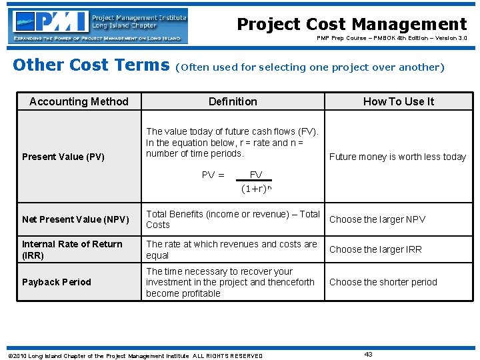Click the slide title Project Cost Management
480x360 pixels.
tap(352, 25)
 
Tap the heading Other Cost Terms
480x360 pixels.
tap(91, 65)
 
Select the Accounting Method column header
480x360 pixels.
tap(79, 101)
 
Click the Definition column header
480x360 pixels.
tap(233, 101)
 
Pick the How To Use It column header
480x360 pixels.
tap(398, 101)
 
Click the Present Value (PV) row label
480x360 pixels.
tap(63, 157)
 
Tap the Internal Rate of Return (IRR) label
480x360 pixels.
tap(72, 249)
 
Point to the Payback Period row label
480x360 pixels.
tap(57, 282)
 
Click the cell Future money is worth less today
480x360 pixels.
tap(397, 157)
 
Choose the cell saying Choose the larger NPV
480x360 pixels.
tap(377, 219)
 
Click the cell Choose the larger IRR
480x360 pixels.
tap(375, 249)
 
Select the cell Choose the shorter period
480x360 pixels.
tap(383, 282)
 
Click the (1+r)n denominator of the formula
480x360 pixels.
tap(257, 188)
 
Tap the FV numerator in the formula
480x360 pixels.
tap(256, 175)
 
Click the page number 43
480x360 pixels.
tap(368, 354)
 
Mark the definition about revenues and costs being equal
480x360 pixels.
tap(231, 249)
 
